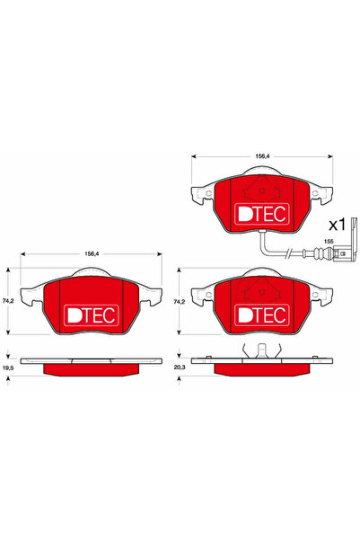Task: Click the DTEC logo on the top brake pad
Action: (260, 213)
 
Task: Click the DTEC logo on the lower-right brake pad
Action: (260, 314)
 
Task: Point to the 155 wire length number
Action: (329, 243)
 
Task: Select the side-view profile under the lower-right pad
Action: (260, 365)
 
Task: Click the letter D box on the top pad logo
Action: (243, 213)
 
